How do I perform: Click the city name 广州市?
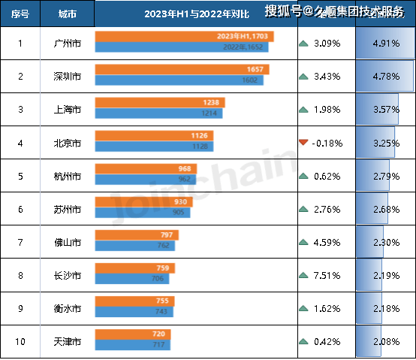(67, 44)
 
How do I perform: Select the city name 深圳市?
(67, 77)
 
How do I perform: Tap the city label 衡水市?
(67, 308)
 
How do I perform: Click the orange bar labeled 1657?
(182, 69)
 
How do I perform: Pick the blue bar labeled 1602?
(179, 80)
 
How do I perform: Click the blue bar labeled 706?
(132, 279)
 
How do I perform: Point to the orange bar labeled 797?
(137, 234)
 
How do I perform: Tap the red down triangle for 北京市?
(303, 142)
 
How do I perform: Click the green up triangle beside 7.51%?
(303, 274)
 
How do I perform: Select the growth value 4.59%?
(327, 241)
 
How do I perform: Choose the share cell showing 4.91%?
(384, 44)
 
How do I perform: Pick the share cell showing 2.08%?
(384, 341)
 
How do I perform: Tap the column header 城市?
(67, 14)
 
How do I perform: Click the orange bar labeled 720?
(134, 334)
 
